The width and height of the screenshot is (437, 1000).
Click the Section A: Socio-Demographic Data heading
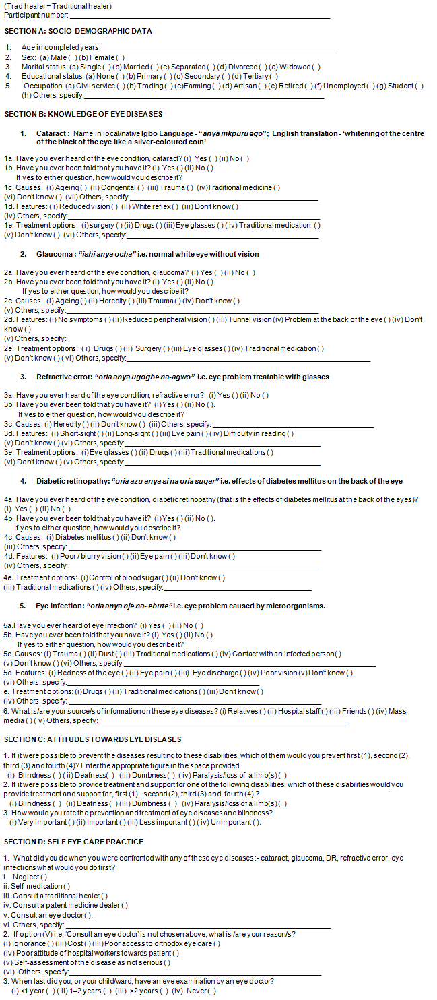click(78, 31)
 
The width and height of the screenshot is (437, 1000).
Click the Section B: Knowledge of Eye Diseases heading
click(83, 114)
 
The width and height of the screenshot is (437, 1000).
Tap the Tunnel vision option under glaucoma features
click(250, 319)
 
